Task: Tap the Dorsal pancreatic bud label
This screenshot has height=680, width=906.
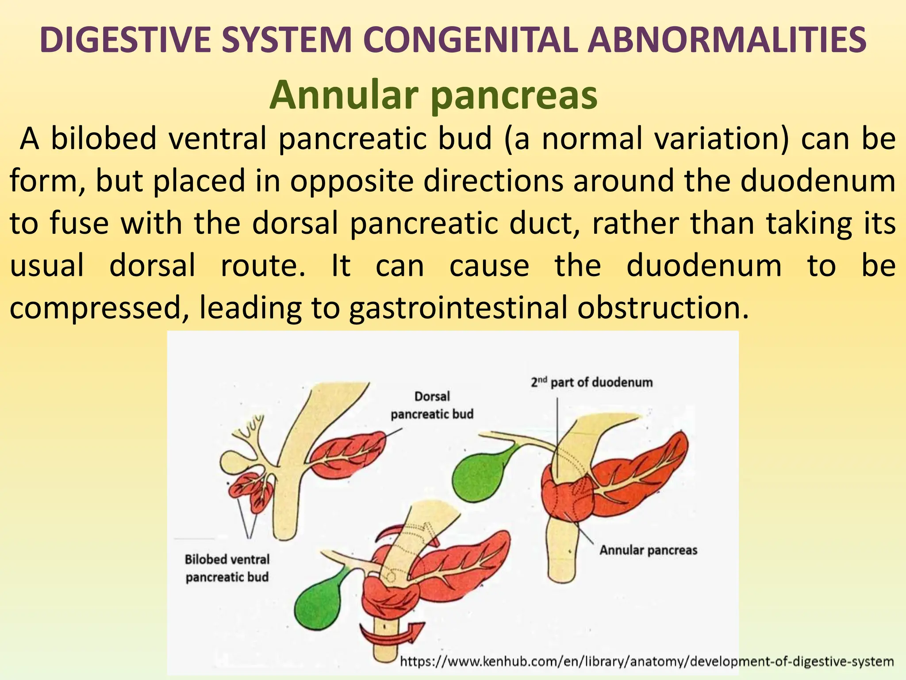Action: click(432, 405)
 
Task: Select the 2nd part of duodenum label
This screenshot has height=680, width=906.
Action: click(591, 382)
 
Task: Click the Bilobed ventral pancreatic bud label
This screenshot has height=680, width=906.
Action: click(227, 568)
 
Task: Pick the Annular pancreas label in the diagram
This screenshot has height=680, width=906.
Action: click(648, 550)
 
